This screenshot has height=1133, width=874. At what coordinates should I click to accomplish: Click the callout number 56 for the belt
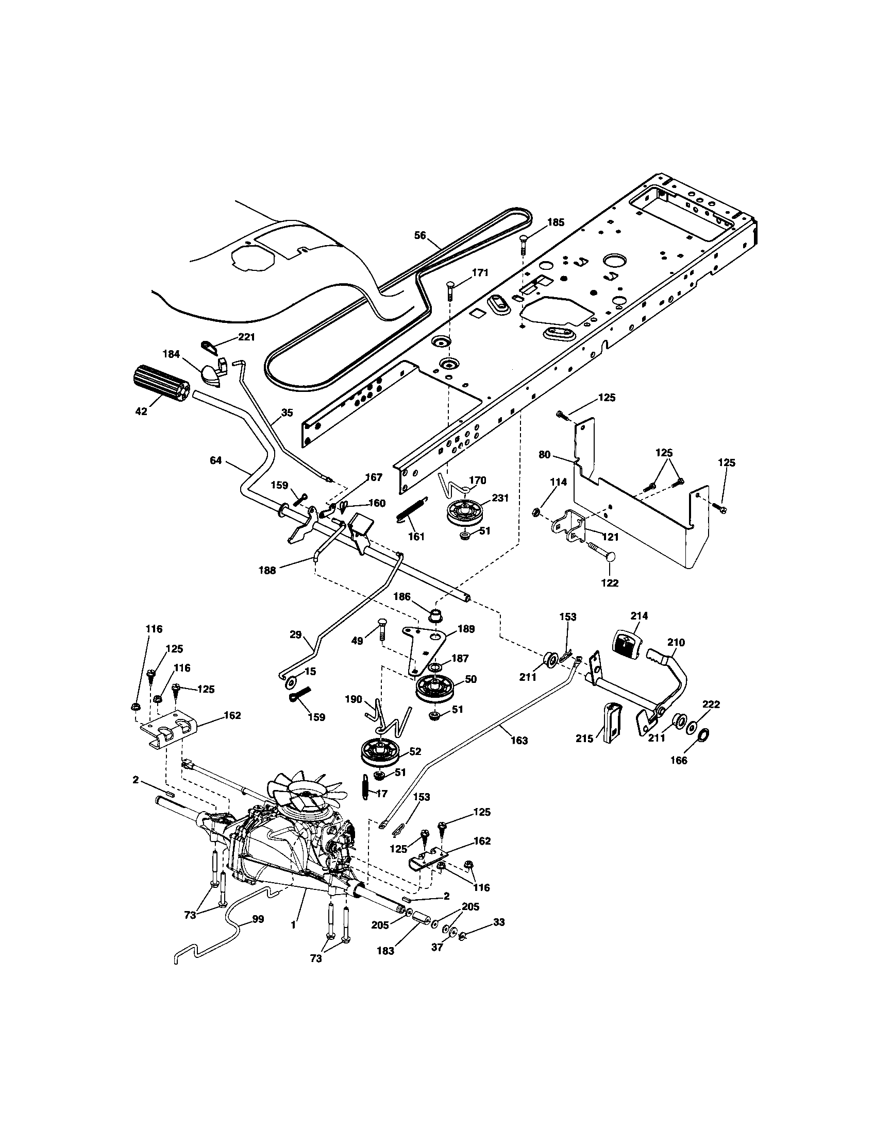click(x=420, y=235)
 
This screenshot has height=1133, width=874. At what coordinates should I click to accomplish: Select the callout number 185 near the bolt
click(x=556, y=222)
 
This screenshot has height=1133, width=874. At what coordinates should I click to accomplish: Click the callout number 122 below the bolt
click(x=609, y=582)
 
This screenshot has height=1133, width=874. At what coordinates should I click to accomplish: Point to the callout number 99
click(x=258, y=919)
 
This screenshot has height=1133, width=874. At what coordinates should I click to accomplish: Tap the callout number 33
click(x=499, y=922)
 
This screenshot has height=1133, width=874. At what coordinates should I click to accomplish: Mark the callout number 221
click(x=246, y=337)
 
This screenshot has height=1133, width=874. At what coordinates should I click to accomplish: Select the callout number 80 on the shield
click(x=544, y=455)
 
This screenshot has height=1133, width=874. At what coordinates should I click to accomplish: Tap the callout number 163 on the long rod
click(x=519, y=740)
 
